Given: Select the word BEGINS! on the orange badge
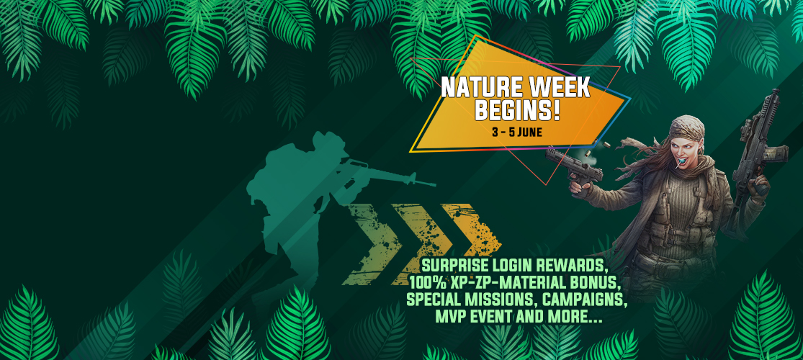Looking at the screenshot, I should pos(516,112).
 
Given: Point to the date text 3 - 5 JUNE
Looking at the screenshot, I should pos(516,132).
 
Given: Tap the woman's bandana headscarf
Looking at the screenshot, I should pos(688,128).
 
